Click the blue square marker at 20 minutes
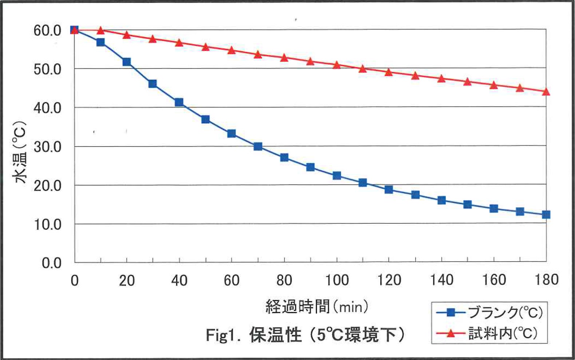coord(127,62)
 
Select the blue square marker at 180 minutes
coord(546,215)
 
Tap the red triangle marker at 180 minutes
coord(546,92)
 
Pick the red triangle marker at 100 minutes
coord(337,65)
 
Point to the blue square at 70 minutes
coord(258,147)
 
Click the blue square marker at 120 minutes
coord(389,189)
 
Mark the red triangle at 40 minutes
coord(179,43)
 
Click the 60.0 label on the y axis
coord(47,31)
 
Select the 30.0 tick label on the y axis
coord(47,147)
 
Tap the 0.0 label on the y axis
coord(52,263)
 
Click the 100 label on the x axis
coord(337,280)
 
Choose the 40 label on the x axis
coord(179,281)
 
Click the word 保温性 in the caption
coord(275,335)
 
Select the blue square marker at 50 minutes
coord(205,119)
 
